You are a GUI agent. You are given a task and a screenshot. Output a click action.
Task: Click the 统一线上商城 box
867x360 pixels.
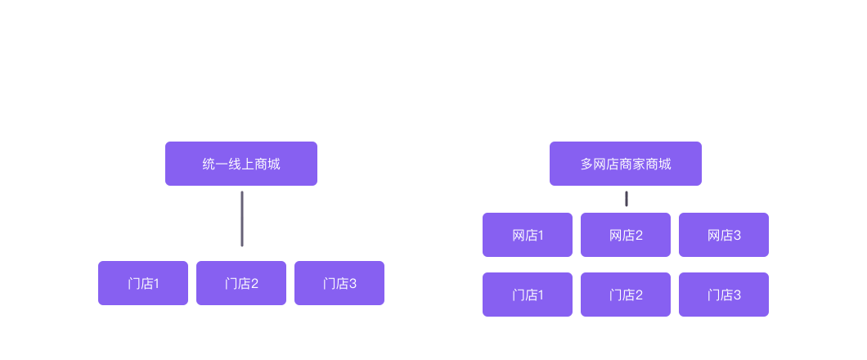[x=241, y=164]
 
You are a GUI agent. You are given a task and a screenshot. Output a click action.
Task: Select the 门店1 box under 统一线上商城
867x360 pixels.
[x=143, y=283]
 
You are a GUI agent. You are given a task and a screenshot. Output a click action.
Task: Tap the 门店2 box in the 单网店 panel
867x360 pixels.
[x=241, y=283]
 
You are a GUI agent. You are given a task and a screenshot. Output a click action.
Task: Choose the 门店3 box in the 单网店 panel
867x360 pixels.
[x=339, y=283]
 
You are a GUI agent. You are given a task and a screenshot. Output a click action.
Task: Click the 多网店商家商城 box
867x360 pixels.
[x=626, y=164]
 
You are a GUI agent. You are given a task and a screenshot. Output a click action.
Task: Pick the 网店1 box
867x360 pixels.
[x=528, y=235]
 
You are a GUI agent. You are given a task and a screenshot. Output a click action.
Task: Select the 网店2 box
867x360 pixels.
[x=626, y=235]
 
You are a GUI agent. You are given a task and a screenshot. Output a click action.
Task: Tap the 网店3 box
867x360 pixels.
[x=724, y=235]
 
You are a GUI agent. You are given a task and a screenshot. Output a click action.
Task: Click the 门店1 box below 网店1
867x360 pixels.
[x=528, y=295]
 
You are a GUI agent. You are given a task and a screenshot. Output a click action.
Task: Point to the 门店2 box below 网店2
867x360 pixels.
[x=626, y=295]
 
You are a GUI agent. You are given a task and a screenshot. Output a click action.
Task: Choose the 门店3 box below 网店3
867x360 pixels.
[x=724, y=295]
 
